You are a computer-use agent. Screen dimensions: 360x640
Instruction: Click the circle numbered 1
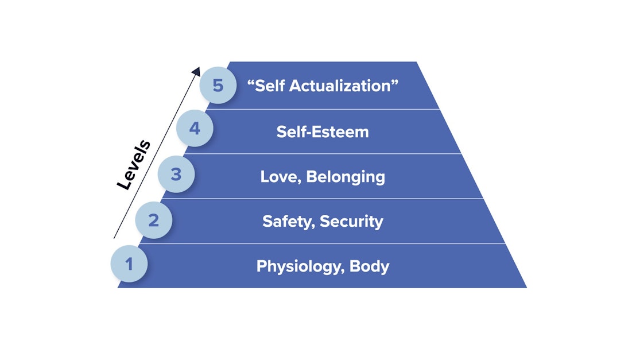click(x=129, y=264)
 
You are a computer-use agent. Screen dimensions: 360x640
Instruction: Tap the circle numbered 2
click(x=153, y=220)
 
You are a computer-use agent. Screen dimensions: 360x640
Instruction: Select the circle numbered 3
click(x=176, y=174)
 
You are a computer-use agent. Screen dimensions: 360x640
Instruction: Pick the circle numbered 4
click(x=195, y=128)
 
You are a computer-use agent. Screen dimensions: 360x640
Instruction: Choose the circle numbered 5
click(x=218, y=86)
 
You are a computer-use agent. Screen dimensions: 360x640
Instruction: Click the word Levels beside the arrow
click(x=134, y=165)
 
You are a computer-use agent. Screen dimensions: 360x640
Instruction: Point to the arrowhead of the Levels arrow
click(x=196, y=71)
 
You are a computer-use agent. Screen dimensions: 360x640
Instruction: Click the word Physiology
click(x=299, y=266)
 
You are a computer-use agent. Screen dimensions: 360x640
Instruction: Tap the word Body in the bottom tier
click(x=369, y=266)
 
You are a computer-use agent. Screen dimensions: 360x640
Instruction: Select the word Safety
click(x=288, y=221)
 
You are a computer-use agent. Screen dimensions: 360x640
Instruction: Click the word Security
click(x=351, y=221)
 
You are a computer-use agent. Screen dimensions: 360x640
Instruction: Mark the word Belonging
click(x=346, y=176)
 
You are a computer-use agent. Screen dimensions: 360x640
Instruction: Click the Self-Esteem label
click(x=323, y=131)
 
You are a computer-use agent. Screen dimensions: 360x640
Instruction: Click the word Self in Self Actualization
click(x=270, y=86)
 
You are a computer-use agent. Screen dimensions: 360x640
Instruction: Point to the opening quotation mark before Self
click(x=251, y=82)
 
